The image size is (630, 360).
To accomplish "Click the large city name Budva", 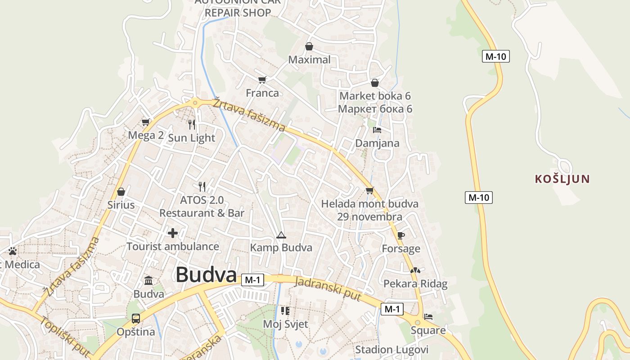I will (206, 274).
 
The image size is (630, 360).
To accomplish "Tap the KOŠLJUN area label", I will (562, 179).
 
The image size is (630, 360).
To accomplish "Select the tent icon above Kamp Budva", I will (281, 235).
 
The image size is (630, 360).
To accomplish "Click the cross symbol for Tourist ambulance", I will (172, 233).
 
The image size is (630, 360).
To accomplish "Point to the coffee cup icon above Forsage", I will (401, 235).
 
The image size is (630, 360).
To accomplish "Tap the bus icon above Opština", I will (135, 319).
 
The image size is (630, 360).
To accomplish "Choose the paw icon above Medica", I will (13, 251).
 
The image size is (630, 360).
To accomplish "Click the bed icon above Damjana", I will (377, 130).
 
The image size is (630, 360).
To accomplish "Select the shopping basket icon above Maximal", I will (309, 46).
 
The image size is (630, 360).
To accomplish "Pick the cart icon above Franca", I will (262, 80).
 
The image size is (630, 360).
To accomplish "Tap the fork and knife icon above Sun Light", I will (192, 124).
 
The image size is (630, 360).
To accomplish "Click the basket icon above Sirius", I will (121, 192).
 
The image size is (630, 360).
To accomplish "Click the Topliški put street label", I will (65, 336).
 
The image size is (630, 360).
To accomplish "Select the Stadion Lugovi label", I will (391, 350).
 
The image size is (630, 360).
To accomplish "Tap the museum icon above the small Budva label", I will (148, 281).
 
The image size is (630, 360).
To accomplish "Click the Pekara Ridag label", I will (415, 283).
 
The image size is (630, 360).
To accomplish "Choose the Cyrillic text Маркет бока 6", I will (375, 109).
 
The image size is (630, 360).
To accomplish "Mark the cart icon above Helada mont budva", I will (369, 190).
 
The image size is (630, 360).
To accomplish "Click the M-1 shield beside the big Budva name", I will (252, 280).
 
